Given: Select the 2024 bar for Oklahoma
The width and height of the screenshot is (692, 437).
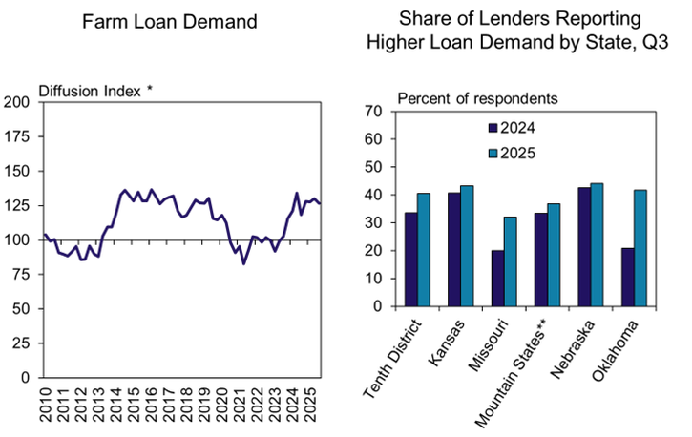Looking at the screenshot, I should [x=626, y=278].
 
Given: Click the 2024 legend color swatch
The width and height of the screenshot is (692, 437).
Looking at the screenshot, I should [x=493, y=128].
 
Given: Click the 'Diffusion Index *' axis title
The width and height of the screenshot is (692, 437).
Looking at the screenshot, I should [x=95, y=90].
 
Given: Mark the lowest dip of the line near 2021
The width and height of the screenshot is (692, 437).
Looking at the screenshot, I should [x=243, y=263].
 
